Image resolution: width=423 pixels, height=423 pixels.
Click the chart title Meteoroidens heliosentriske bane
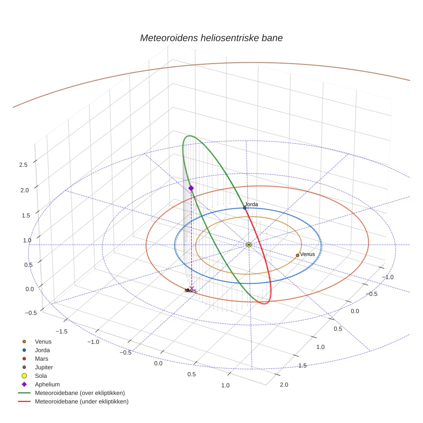pyautogui.click(x=211, y=38)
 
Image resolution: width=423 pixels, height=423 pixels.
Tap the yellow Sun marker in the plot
pyautogui.click(x=249, y=245)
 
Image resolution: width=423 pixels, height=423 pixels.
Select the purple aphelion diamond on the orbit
pyautogui.click(x=191, y=188)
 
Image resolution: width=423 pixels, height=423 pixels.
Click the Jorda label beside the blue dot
pyautogui.click(x=251, y=204)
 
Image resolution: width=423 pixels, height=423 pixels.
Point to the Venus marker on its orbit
pyautogui.click(x=297, y=255)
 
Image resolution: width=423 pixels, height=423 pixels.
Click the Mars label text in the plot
pyautogui.click(x=190, y=291)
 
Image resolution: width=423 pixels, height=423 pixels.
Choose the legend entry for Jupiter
pyautogui.click(x=44, y=367)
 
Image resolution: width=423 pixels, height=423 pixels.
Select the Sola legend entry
pyautogui.click(x=42, y=376)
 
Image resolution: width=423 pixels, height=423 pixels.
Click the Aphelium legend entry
pyautogui.click(x=47, y=384)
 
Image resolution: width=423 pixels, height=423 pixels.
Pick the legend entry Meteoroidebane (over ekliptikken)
pyautogui.click(x=80, y=393)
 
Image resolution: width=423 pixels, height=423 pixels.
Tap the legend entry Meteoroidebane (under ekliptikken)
pyautogui.click(x=82, y=402)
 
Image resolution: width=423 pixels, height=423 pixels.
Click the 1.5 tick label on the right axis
pyautogui.click(x=302, y=365)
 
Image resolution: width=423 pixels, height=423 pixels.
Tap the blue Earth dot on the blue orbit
pyautogui.click(x=245, y=208)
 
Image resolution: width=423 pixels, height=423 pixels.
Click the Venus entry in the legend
pyautogui.click(x=43, y=341)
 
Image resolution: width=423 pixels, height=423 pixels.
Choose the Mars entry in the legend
pyautogui.click(x=42, y=359)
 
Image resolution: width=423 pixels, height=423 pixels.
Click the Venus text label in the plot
pyautogui.click(x=307, y=254)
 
